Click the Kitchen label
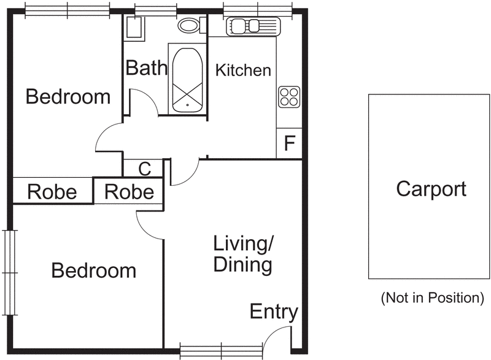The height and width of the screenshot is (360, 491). point(243,71)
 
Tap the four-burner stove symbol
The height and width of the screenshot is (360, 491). point(288,96)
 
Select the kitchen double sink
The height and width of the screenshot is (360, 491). point(253,26)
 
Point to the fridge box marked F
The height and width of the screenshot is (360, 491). point(290,144)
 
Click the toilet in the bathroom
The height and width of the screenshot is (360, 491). point(190,25)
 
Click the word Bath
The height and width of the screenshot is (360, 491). point(146,67)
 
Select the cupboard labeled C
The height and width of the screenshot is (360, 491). point(144,168)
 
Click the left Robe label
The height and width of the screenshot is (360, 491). point(52,193)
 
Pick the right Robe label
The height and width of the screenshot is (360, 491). point(129,192)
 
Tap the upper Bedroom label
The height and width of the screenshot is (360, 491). point(68,97)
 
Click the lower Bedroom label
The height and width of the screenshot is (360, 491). point(93,270)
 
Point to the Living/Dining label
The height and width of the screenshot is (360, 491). point(242,255)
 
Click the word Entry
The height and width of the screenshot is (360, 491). point(274,312)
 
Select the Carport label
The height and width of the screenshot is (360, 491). point(431,189)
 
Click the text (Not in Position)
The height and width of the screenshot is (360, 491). point(432,298)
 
